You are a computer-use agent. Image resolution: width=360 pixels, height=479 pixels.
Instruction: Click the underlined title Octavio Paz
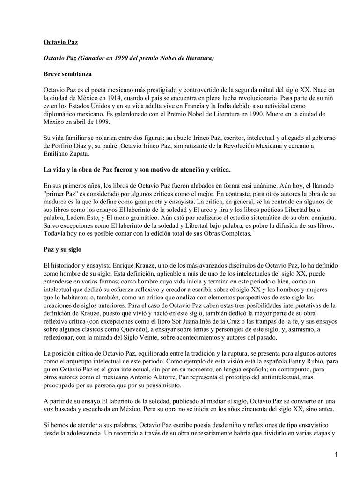pos(60,42)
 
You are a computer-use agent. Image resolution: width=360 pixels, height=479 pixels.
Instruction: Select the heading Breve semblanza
pos(67,74)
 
